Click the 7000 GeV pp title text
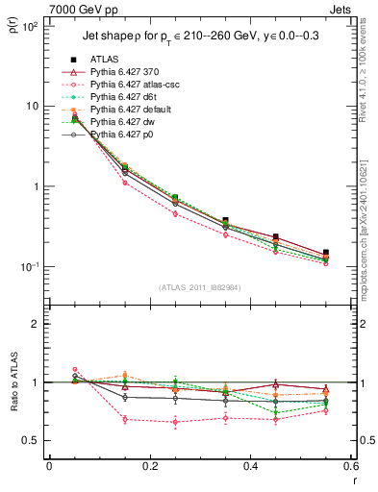coord(43,8)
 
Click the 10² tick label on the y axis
coord(29,26)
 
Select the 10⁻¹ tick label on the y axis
coord(29,267)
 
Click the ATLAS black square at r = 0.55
coord(326,253)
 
